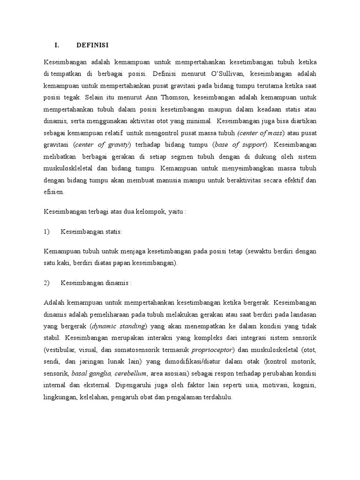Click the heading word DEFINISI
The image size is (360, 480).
92,45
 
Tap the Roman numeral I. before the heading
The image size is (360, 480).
57,45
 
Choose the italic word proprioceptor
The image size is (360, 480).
212,349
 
